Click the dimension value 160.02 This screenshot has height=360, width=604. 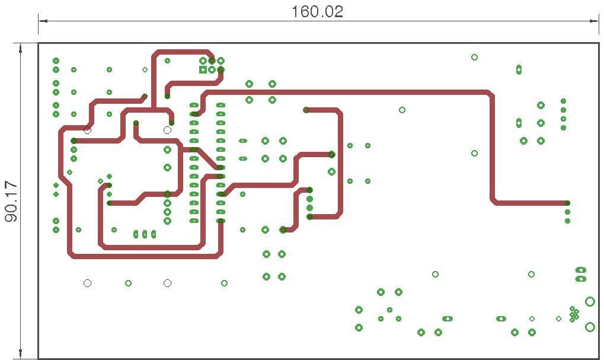point(318,12)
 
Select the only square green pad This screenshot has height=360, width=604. point(203,69)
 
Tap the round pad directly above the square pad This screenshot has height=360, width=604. point(203,60)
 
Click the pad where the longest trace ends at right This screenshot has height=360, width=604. point(567,203)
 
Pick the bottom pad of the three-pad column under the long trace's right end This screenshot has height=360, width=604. point(567,221)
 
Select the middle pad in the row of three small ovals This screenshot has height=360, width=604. point(145,234)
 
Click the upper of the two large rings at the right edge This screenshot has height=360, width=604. point(590,301)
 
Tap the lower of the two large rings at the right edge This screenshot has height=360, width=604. point(590,327)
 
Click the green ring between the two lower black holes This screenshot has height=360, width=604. point(128,283)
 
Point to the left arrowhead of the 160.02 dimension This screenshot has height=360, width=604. point(42,21)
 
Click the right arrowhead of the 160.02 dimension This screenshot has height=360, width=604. point(595,21)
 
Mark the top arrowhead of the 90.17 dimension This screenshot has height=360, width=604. point(21,47)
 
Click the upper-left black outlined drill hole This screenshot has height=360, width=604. point(87,130)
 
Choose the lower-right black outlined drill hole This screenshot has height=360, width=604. point(167,283)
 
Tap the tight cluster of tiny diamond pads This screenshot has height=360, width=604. point(574,314)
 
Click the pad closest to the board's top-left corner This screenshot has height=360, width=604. point(56,60)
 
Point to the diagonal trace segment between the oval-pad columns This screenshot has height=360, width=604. point(207,158)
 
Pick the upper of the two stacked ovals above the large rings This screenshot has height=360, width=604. point(581,270)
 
